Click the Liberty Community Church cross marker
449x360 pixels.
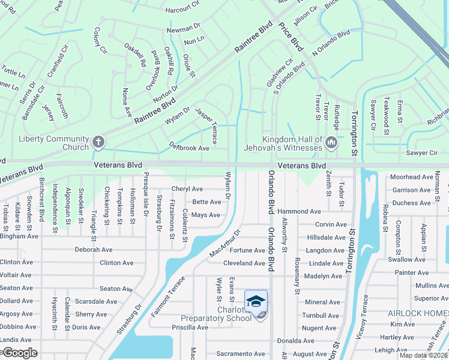click(98, 142)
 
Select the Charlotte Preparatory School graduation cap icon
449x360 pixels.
click(256, 301)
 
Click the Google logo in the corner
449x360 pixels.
click(19, 353)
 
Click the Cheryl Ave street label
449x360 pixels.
click(187, 189)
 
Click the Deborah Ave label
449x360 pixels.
click(94, 250)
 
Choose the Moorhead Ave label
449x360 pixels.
click(411, 177)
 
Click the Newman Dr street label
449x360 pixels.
click(182, 28)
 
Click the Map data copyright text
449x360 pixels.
click(423, 355)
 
